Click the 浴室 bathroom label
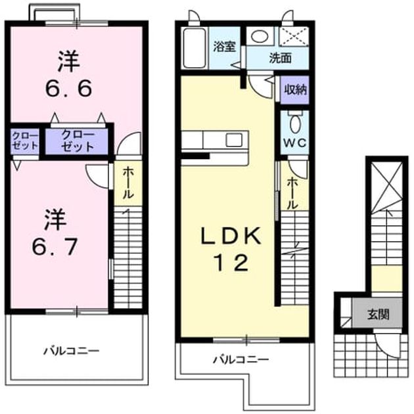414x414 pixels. click(225, 47)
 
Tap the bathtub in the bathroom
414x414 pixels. click(195, 48)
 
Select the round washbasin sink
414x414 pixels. click(260, 36)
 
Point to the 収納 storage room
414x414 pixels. click(294, 90)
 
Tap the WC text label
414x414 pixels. click(294, 143)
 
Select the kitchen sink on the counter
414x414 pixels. click(234, 139)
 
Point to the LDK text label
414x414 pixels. click(231, 236)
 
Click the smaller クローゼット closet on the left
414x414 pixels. click(25, 141)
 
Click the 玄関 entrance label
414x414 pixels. click(379, 315)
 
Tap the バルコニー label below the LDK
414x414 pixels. click(241, 359)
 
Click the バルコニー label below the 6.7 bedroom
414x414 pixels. click(71, 351)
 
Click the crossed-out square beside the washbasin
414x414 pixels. click(294, 36)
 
